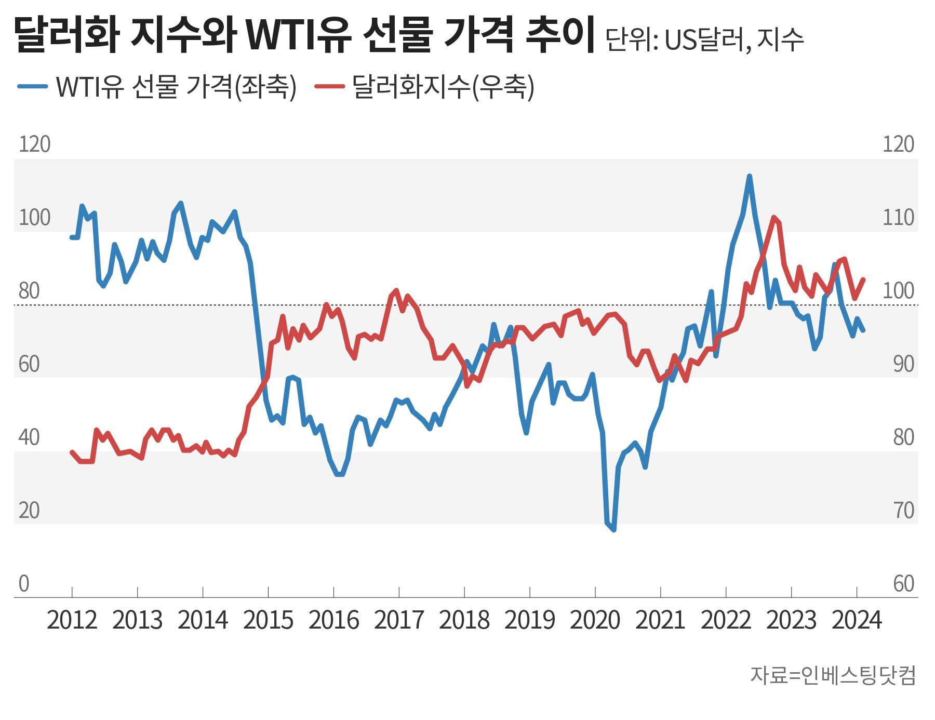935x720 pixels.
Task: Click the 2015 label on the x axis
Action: [268, 620]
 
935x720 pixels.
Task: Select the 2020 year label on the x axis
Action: [595, 620]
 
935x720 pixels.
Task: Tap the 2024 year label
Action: [857, 620]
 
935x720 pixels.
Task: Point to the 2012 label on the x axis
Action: [72, 620]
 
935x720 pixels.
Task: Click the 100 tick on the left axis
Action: [34, 218]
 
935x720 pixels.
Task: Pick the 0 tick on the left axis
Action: [24, 584]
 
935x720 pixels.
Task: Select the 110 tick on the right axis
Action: [898, 218]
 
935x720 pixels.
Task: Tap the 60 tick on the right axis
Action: [903, 584]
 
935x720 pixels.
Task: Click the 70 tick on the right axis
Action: [903, 511]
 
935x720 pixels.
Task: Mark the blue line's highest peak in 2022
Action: [749, 176]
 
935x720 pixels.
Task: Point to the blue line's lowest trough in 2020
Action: [614, 530]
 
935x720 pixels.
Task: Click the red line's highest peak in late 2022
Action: [774, 217]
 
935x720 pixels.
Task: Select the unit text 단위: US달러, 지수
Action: [704, 39]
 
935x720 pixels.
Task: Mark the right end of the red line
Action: [863, 279]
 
